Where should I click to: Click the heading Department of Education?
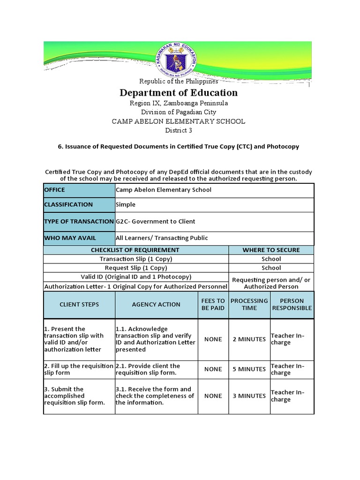point(179,92)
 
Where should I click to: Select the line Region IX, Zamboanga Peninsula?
point(179,103)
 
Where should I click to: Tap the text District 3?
point(179,130)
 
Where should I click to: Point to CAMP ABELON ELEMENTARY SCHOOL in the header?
point(179,121)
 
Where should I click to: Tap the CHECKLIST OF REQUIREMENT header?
point(135,250)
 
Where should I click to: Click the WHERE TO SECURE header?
point(271,250)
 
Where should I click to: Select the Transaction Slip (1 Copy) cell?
point(135,259)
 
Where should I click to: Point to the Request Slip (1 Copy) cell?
point(135,268)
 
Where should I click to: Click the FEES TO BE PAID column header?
point(213,305)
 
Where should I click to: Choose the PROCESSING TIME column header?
point(249,305)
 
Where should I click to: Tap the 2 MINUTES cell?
point(249,339)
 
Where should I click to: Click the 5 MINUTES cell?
point(249,369)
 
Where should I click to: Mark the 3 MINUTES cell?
point(249,396)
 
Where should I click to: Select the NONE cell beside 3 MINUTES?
point(213,396)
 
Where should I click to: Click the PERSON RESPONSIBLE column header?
point(292,305)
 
